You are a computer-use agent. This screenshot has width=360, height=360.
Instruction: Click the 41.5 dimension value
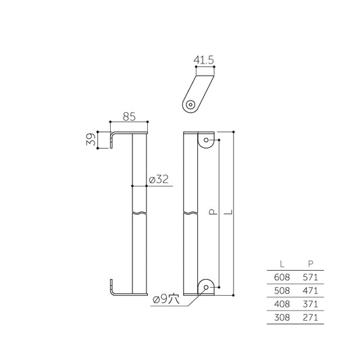(x=203, y=60)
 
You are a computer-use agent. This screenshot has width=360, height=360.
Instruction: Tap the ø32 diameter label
(x=157, y=180)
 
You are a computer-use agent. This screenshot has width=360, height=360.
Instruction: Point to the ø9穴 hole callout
(x=165, y=297)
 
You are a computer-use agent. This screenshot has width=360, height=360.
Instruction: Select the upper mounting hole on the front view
(x=206, y=142)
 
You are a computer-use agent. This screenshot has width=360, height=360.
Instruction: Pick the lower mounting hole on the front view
(x=206, y=287)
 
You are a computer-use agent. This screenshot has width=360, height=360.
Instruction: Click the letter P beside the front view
(x=211, y=213)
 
